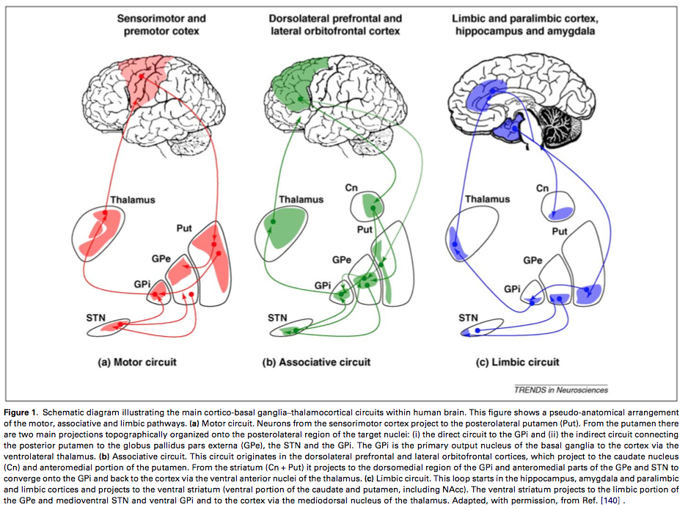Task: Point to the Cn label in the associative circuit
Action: [352, 189]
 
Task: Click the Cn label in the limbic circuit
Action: [542, 189]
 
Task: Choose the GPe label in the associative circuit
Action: [342, 260]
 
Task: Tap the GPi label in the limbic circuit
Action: [513, 288]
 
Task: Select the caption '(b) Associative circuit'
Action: [317, 362]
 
